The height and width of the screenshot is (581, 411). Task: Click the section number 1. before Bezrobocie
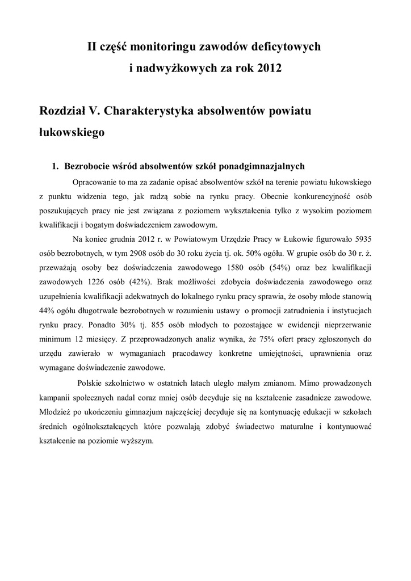[55, 166]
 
